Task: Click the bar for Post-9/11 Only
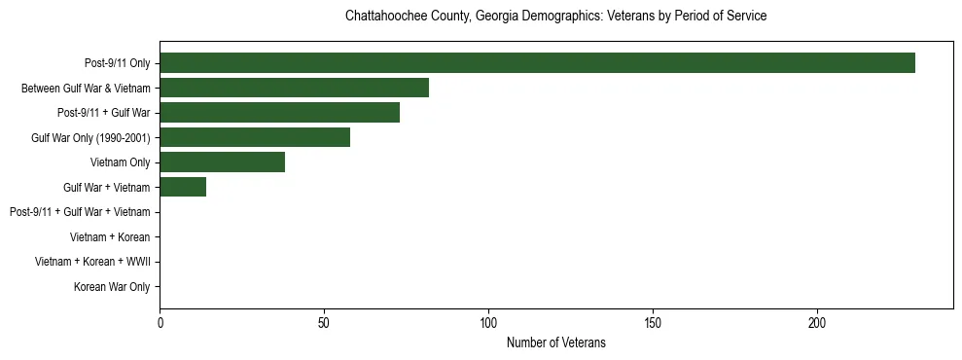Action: [x=537, y=63]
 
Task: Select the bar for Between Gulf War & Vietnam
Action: [x=294, y=88]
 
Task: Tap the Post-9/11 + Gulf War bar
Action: [x=279, y=113]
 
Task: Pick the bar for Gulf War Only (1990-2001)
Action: [x=255, y=137]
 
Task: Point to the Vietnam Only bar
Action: [x=222, y=162]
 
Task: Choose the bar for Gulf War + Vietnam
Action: [x=183, y=187]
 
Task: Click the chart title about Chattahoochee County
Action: [x=555, y=17]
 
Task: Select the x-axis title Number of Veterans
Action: [x=555, y=342]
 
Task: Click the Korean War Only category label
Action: [x=112, y=287]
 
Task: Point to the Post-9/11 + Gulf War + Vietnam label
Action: [x=80, y=212]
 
